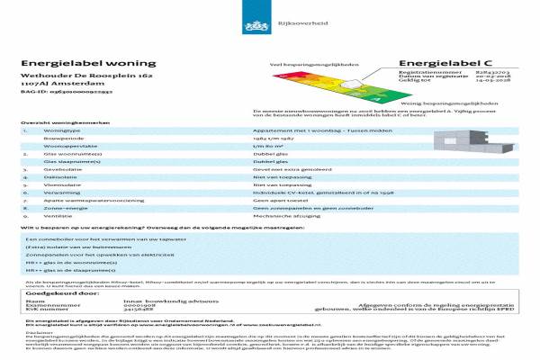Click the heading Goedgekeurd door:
tap(61, 293)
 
